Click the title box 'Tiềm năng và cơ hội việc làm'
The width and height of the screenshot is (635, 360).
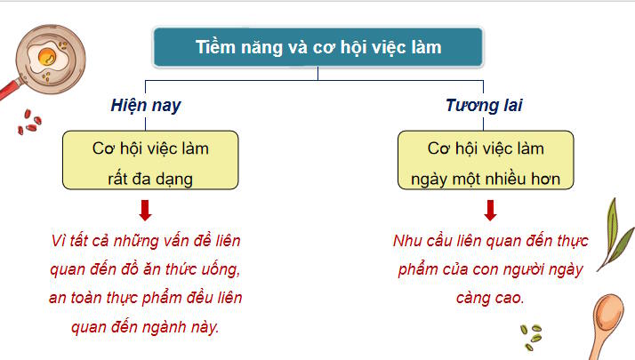click(x=317, y=48)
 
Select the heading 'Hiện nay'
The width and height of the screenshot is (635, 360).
click(x=146, y=106)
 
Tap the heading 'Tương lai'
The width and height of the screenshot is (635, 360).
click(x=484, y=106)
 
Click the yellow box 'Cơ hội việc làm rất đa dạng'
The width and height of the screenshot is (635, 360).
click(x=151, y=161)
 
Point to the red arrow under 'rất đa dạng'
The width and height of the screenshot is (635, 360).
click(x=145, y=212)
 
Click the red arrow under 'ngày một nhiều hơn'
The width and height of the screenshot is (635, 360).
click(x=489, y=212)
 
